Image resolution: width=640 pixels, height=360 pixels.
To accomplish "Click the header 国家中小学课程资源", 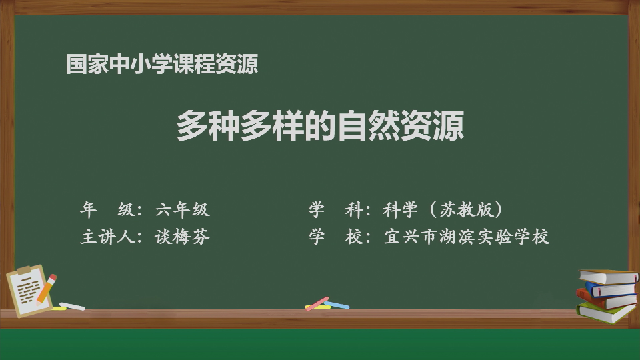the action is (162, 64).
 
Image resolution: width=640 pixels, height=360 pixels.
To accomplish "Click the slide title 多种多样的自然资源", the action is (321, 125).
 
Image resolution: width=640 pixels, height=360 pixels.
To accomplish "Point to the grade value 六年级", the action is (183, 209).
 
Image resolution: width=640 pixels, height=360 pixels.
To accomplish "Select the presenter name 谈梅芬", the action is (183, 237).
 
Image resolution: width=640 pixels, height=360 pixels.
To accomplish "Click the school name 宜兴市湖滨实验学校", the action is (467, 237).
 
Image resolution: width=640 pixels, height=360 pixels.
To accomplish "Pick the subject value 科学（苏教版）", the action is (443, 209).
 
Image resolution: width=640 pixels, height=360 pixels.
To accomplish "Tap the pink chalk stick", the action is (317, 304).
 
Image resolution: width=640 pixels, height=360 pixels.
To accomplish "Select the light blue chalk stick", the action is (337, 305).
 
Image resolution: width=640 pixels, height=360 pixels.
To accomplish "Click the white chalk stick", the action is (72, 306).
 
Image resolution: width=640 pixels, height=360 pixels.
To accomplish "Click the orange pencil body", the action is (45, 290).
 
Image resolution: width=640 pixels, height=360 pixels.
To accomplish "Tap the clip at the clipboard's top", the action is (25, 270).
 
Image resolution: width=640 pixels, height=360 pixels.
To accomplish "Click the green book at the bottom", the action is (606, 312).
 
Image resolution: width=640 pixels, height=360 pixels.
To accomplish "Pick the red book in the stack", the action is (605, 299).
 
